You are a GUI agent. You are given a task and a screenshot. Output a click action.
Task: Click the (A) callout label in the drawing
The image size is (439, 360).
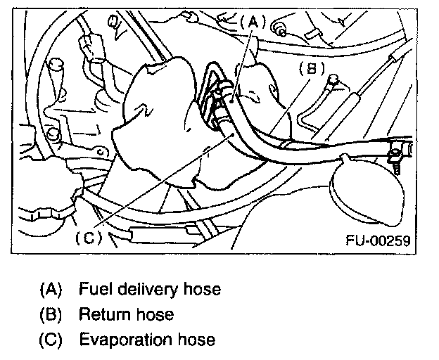pyautogui.click(x=250, y=22)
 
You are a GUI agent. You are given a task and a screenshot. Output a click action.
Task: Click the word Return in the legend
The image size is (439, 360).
pyautogui.click(x=100, y=314)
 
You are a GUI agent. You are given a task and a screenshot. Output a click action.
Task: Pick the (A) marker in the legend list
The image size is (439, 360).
pyautogui.click(x=51, y=288)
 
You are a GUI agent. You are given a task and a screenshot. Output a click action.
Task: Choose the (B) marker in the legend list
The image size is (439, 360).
pyautogui.click(x=51, y=314)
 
